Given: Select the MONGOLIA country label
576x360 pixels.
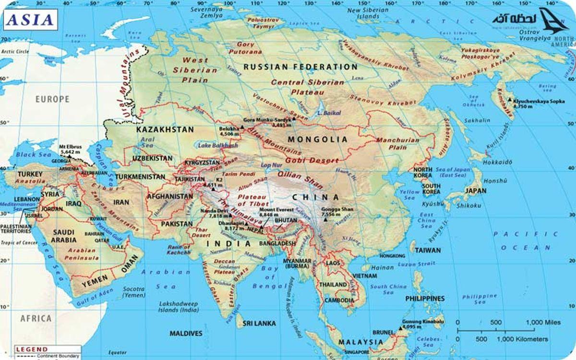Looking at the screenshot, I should (317, 140).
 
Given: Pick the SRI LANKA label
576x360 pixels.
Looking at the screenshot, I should (259, 324).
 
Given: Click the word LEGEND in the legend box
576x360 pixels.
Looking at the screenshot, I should (32, 349).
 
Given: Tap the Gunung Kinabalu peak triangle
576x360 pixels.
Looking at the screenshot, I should (400, 329).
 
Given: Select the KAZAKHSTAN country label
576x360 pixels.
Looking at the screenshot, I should (165, 130).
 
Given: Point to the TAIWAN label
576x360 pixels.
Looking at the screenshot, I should (427, 251).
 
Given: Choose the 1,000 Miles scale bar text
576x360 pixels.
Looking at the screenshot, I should (544, 322).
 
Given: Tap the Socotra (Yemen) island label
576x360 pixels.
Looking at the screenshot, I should (133, 292).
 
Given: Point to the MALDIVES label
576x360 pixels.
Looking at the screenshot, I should (186, 333).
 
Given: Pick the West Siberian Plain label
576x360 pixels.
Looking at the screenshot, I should (194, 70).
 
